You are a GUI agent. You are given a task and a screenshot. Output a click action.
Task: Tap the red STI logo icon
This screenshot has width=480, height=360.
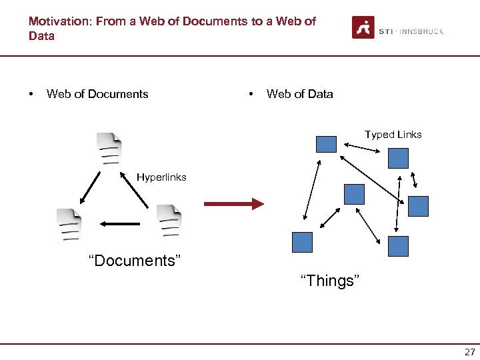[363, 27]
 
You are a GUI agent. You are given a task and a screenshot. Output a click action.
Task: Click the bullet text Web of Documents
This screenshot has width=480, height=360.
[97, 94]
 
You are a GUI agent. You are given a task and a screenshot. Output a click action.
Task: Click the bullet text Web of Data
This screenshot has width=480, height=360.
[299, 94]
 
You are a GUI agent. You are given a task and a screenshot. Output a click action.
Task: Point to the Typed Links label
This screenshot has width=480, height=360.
[393, 135]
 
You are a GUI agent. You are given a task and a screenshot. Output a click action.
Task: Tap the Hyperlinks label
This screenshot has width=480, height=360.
[161, 177]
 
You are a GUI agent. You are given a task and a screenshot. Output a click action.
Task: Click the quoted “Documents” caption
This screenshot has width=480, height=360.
[135, 261]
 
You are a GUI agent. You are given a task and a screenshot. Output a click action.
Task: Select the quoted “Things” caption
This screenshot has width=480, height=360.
[330, 281]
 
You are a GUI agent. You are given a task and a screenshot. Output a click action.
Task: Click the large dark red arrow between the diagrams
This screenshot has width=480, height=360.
[233, 204]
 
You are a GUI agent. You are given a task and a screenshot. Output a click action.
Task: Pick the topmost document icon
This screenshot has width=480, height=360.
[109, 149]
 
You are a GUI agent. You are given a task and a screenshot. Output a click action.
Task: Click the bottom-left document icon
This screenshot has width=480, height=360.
[69, 225]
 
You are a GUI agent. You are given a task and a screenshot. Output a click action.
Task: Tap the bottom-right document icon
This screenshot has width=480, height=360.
[169, 221]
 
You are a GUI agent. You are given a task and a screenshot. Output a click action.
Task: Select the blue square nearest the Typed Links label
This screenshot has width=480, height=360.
[398, 157]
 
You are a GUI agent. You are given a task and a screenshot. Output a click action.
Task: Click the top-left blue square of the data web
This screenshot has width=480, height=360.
[326, 144]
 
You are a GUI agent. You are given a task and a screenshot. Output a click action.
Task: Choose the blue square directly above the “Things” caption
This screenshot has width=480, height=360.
[302, 241]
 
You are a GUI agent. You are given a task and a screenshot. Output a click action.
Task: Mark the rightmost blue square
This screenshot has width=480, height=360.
[418, 206]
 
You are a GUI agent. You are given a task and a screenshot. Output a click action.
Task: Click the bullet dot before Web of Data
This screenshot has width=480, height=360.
[251, 94]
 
